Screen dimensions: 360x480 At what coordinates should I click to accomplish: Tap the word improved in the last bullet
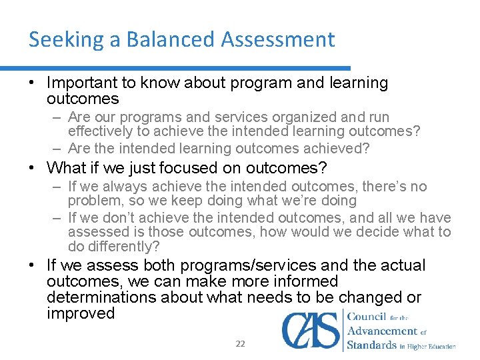tap(81, 313)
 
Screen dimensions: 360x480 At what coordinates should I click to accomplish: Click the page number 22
tap(240, 344)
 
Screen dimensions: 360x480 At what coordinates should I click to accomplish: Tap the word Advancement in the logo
tap(383, 331)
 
